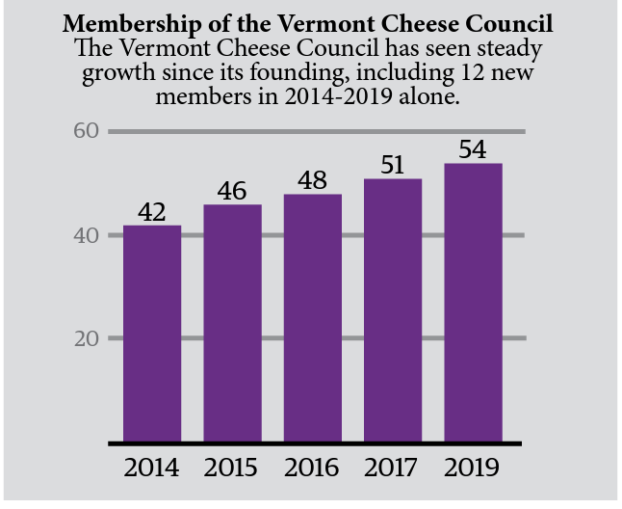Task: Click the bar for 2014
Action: click(x=152, y=333)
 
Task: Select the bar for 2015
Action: click(x=232, y=323)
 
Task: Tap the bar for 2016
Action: click(x=313, y=318)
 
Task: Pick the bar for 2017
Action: click(x=393, y=310)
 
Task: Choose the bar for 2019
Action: click(x=473, y=303)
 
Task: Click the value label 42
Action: click(x=152, y=211)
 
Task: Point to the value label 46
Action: click(x=232, y=191)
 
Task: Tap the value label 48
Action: click(x=313, y=180)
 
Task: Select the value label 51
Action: click(x=393, y=165)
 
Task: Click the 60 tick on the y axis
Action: click(x=88, y=130)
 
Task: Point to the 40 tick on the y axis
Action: click(x=88, y=234)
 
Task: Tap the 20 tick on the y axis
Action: click(x=88, y=338)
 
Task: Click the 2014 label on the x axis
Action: click(x=152, y=469)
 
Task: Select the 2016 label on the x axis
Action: click(x=313, y=469)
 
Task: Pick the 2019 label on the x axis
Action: click(x=473, y=469)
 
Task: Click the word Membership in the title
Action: click(x=120, y=23)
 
